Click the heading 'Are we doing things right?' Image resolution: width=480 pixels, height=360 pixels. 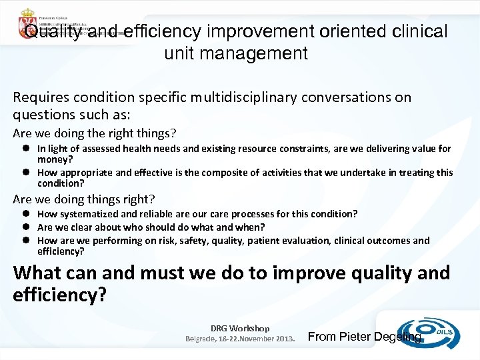(x=84, y=199)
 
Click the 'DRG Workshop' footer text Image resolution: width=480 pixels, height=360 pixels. (x=240, y=328)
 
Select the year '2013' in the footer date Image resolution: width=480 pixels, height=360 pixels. (x=283, y=338)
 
